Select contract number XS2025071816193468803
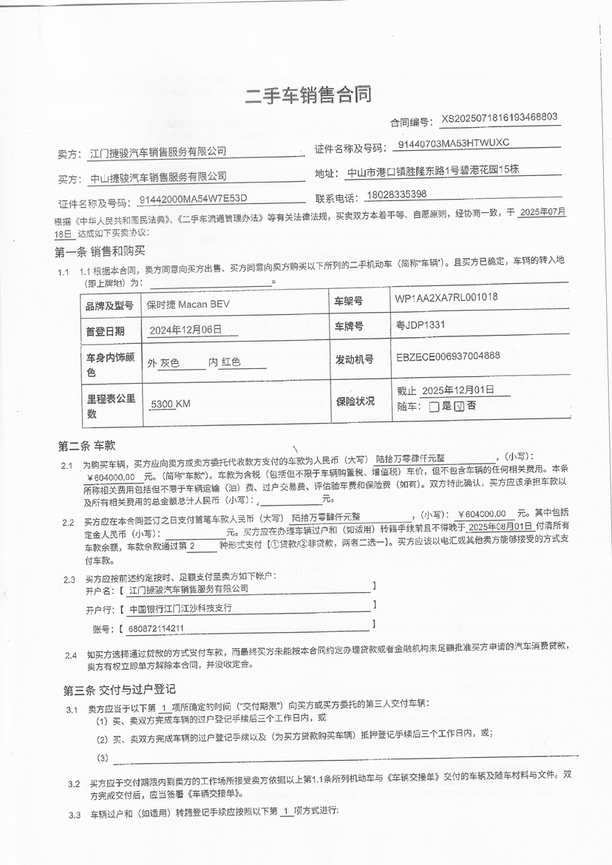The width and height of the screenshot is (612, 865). [x=499, y=118]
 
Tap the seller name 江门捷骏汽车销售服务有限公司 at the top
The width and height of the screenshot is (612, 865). [x=157, y=152]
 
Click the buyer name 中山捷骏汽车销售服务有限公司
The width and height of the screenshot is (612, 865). [x=157, y=177]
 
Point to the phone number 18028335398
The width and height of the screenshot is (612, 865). [x=396, y=194]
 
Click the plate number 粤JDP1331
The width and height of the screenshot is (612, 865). [x=421, y=325]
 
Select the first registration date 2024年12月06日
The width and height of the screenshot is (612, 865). [x=185, y=330]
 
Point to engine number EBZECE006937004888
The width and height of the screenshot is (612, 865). [x=448, y=356]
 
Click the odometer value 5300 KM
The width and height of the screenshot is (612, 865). [x=170, y=404]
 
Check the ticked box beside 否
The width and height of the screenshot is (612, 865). [x=458, y=406]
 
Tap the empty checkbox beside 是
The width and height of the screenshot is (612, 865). [x=434, y=406]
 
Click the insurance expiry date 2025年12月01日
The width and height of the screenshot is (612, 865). [x=457, y=390]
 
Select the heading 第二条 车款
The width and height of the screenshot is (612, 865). [x=86, y=445]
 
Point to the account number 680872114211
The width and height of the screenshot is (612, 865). [x=156, y=629]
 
